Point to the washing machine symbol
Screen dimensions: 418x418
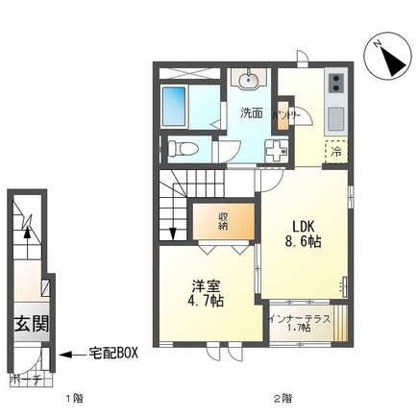pyautogui.click(x=276, y=152)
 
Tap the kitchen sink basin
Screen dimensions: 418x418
pyautogui.click(x=335, y=119)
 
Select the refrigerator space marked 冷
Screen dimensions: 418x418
pyautogui.click(x=337, y=151)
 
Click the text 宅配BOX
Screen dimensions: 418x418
pyautogui.click(x=114, y=353)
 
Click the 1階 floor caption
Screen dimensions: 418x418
pyautogui.click(x=74, y=398)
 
